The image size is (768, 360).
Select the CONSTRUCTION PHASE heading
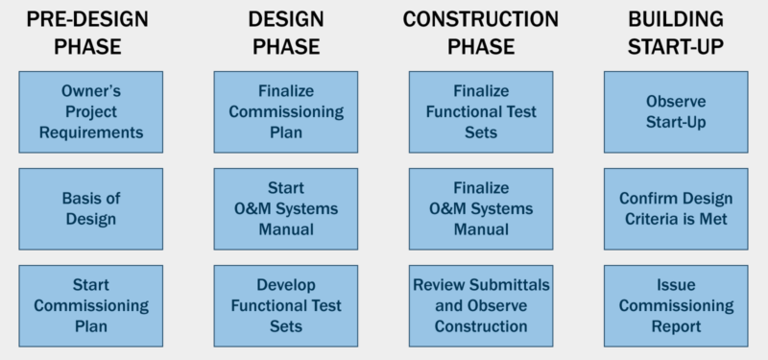(x=481, y=32)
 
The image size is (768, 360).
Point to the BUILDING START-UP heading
(x=677, y=32)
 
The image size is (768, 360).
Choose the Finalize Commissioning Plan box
(x=285, y=111)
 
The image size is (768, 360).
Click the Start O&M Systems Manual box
(x=285, y=208)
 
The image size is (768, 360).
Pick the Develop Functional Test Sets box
(x=285, y=305)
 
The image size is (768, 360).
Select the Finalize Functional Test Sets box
(x=481, y=111)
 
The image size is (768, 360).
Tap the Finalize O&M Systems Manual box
(x=481, y=208)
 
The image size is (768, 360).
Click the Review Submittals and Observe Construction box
(x=481, y=305)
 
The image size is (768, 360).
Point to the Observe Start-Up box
(x=676, y=111)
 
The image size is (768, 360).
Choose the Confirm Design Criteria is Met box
(x=676, y=208)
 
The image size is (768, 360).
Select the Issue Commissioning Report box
(x=676, y=305)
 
